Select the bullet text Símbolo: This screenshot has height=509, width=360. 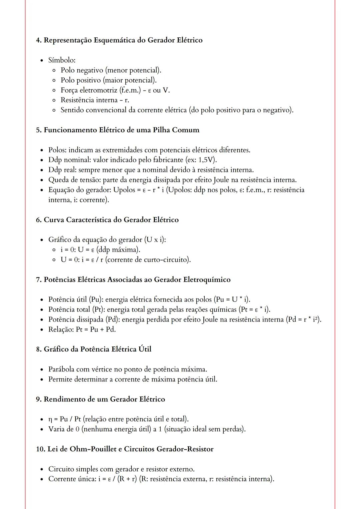pyautogui.click(x=62, y=60)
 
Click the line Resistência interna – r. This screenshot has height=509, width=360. pyautogui.click(x=95, y=100)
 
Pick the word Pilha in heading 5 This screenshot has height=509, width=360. pyautogui.click(x=161, y=130)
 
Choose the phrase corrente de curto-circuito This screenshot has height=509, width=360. pyautogui.click(x=148, y=260)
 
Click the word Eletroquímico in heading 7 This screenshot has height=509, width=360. pyautogui.click(x=207, y=279)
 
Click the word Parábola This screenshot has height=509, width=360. pyautogui.click(x=61, y=369)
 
